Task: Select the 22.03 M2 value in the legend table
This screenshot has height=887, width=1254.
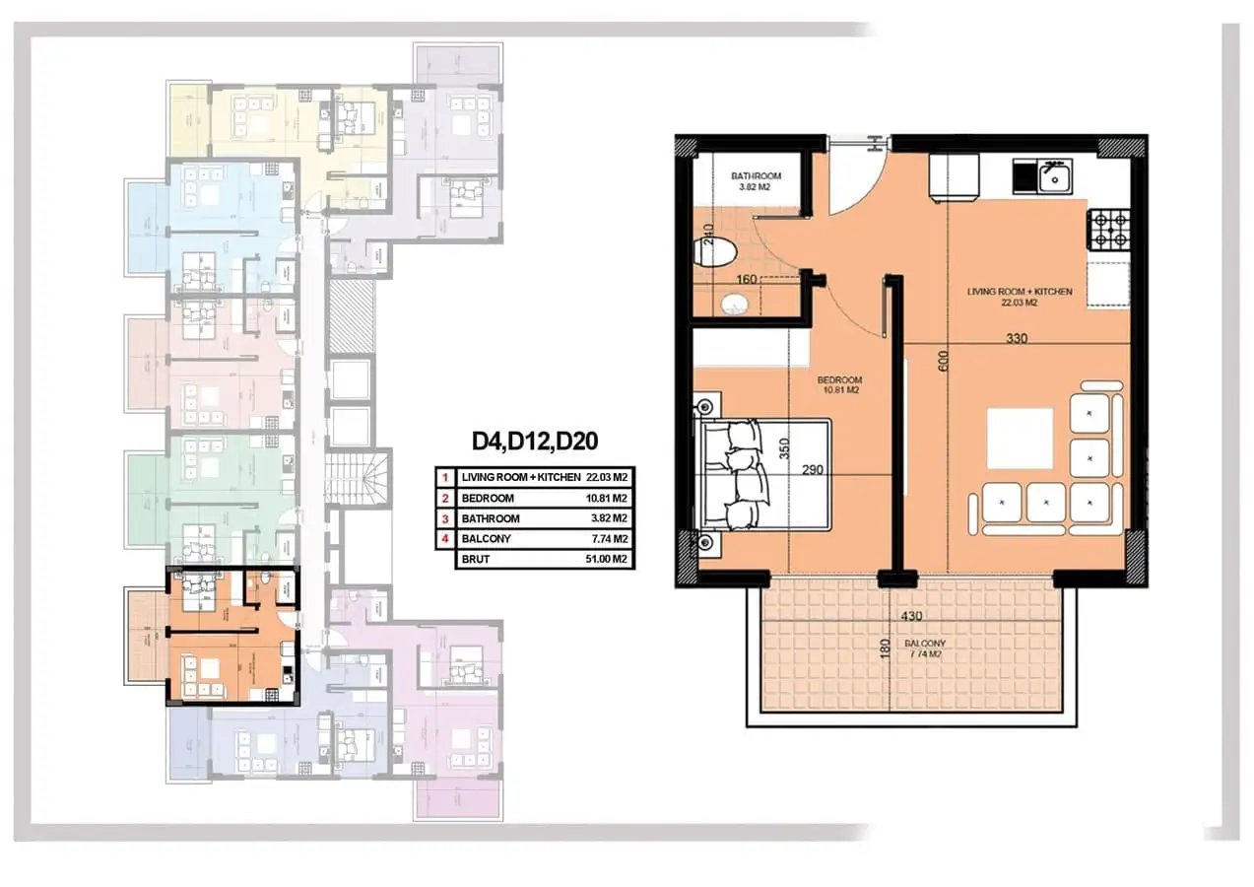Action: pyautogui.click(x=605, y=477)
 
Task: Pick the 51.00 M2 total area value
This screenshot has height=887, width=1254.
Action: pyautogui.click(x=605, y=560)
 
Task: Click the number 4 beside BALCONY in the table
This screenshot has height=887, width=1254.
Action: pyautogui.click(x=445, y=539)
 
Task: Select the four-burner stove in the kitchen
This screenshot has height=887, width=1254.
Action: pyautogui.click(x=1108, y=230)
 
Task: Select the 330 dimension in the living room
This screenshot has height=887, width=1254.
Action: pyautogui.click(x=1017, y=339)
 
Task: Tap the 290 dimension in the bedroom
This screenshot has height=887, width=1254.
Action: pyautogui.click(x=811, y=470)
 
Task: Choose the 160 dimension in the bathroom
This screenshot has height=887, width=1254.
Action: pyautogui.click(x=746, y=280)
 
